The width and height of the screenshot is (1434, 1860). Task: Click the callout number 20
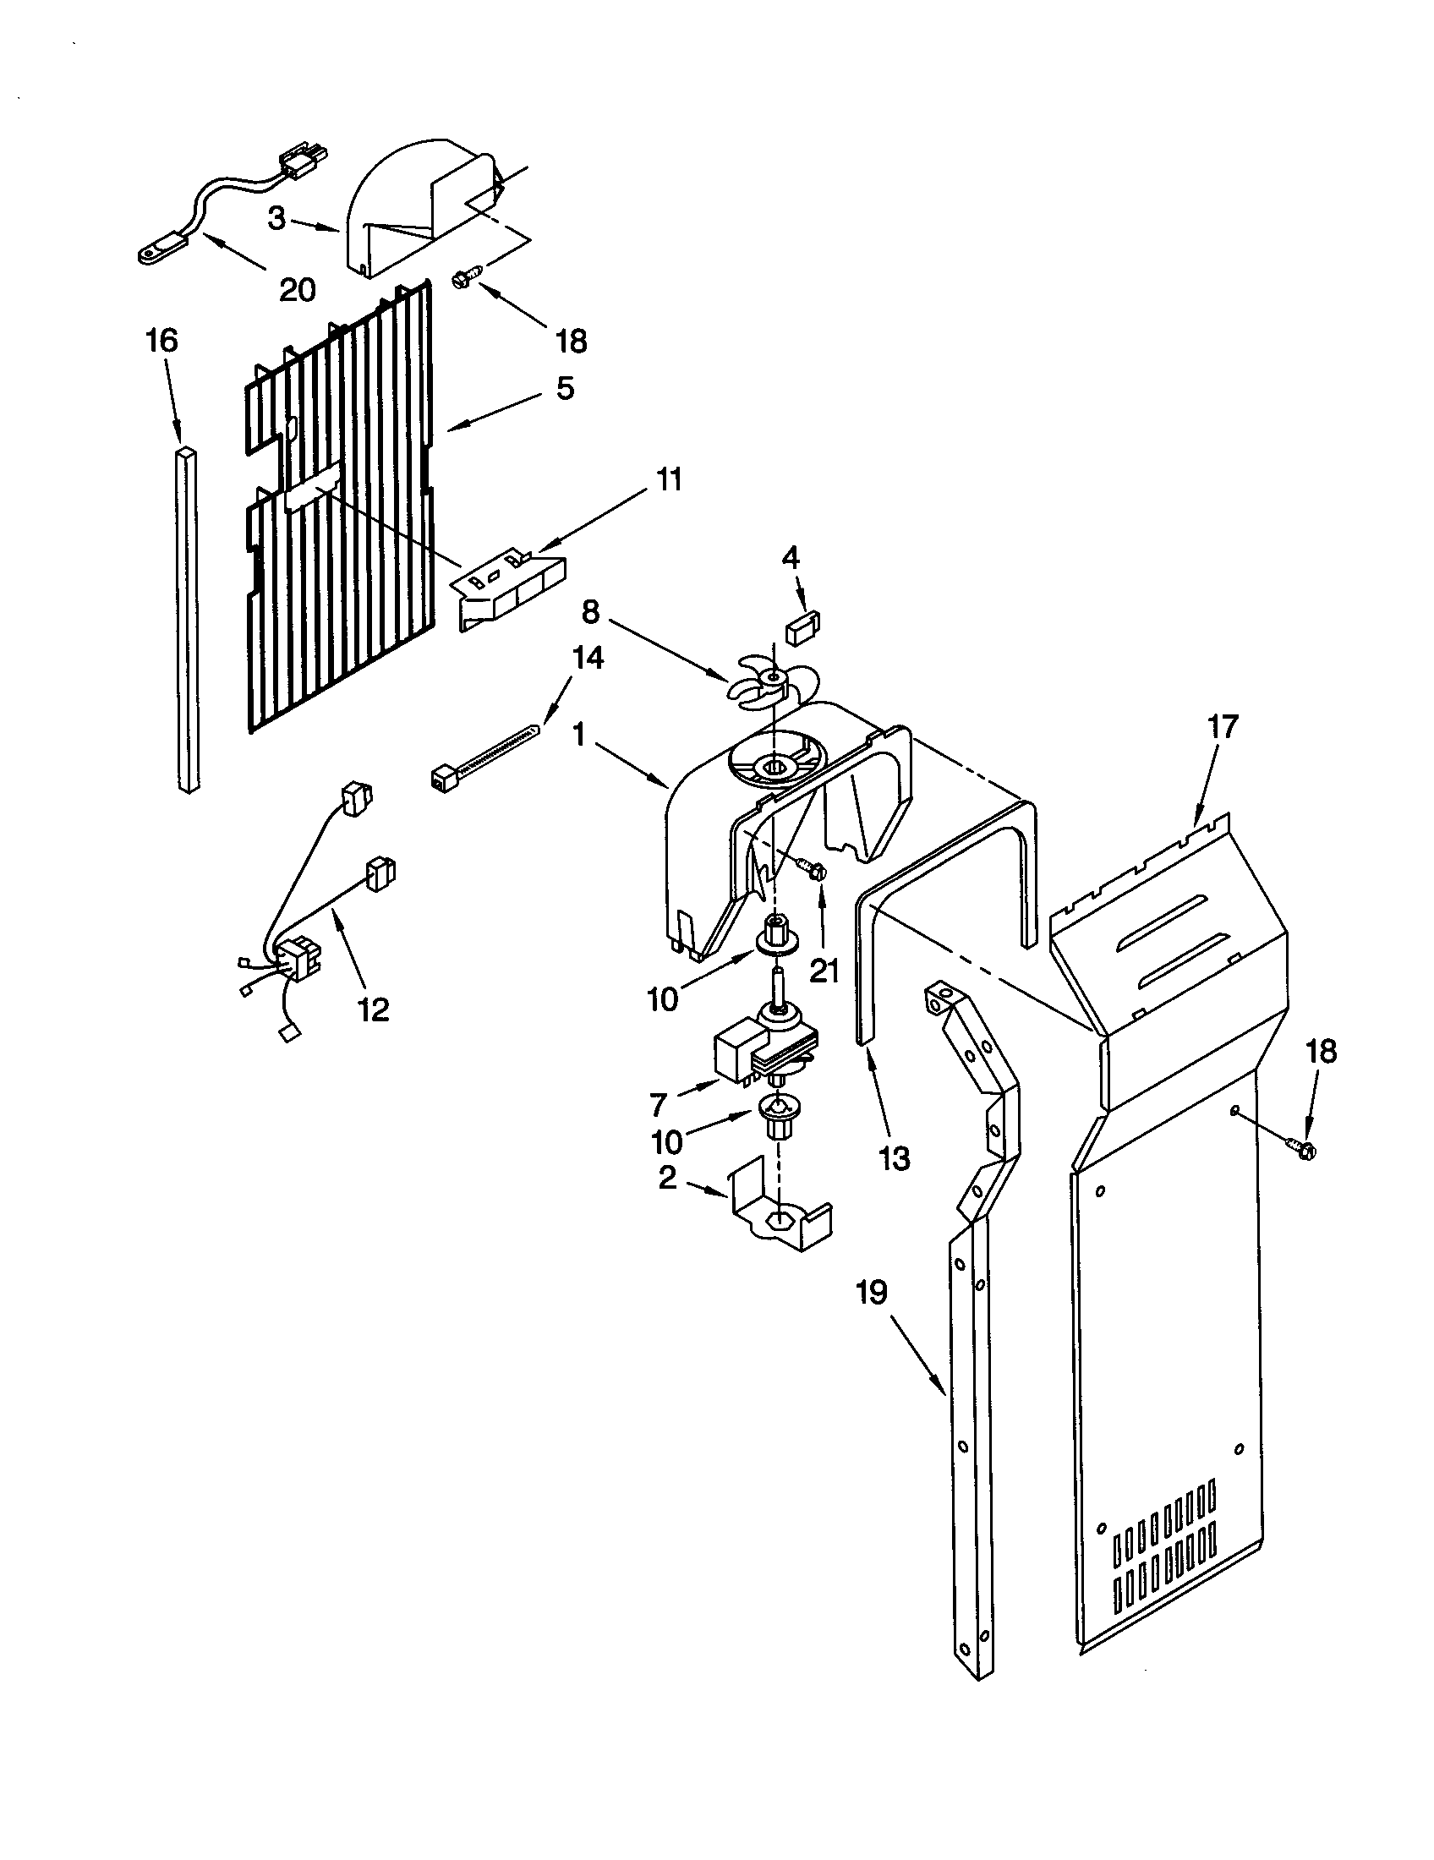297,289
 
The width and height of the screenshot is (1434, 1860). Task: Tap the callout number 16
161,341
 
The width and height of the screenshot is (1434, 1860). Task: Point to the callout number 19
872,1292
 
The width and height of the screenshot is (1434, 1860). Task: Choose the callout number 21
824,970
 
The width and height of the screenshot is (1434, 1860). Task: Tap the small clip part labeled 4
802,630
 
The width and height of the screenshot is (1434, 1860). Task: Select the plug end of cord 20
305,161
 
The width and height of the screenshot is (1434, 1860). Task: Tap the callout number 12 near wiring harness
373,1009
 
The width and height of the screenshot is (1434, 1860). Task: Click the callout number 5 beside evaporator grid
565,387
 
